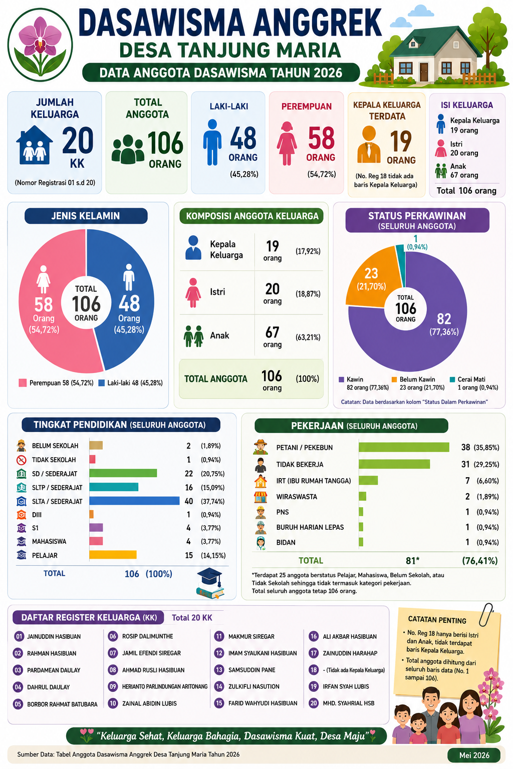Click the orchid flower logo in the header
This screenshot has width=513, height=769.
(40, 45)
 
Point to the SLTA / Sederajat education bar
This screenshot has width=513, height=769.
(134, 501)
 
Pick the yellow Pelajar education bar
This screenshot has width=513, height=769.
(113, 555)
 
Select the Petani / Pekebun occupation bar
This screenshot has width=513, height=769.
(404, 447)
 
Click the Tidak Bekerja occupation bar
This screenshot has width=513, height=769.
(394, 464)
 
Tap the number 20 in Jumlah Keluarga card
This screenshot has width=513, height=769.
(78, 140)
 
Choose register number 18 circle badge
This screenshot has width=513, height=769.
(314, 670)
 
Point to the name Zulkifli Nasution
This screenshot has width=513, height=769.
(254, 686)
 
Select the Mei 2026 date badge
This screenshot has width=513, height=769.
(474, 755)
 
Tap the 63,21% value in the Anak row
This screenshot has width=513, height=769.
(308, 337)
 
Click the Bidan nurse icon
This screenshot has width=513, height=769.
(261, 543)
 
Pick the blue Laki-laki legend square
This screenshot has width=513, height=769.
(101, 383)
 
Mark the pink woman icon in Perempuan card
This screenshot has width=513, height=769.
(287, 144)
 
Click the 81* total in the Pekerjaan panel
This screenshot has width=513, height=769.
(412, 561)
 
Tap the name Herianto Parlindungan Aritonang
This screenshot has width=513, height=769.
(165, 686)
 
